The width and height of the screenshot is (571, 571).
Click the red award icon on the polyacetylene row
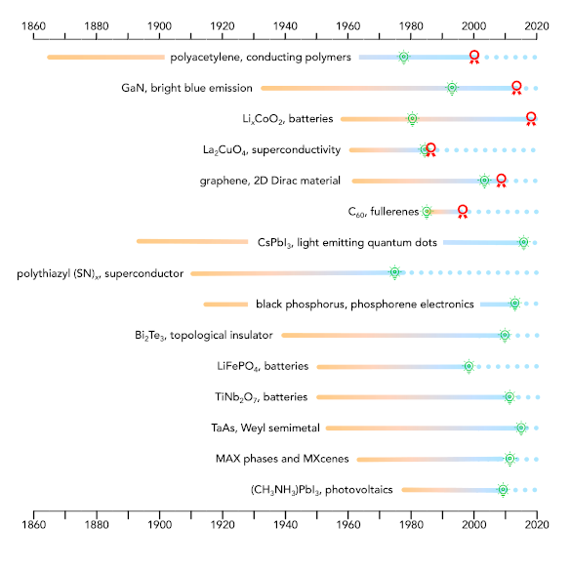point(474,57)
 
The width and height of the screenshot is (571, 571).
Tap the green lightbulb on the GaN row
point(452,88)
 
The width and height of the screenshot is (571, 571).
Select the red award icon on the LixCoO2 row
point(531,118)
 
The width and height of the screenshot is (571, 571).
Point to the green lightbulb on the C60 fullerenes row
point(427,211)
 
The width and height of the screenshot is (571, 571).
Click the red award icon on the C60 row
point(464,211)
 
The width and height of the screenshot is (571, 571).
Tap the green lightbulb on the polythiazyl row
point(394,272)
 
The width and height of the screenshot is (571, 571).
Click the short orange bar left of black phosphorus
point(225,304)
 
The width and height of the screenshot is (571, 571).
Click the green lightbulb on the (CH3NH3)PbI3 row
point(503,489)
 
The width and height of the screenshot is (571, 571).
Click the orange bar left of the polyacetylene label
point(105,58)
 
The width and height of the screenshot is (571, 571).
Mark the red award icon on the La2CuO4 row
point(430,149)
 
